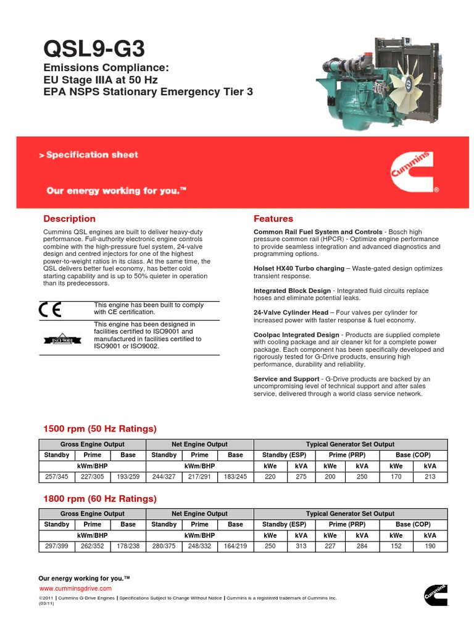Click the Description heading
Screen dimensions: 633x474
point(69,219)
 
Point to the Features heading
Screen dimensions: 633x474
point(273,219)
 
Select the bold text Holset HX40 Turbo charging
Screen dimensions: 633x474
point(299,269)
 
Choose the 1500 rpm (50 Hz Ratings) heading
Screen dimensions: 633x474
point(99,429)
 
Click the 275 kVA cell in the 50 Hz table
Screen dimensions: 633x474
point(301,477)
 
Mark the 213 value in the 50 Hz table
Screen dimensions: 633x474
point(430,477)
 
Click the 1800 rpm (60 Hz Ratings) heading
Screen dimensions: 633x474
point(99,499)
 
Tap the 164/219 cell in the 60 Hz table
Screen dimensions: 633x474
point(235,546)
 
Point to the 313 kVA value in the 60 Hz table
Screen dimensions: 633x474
point(301,546)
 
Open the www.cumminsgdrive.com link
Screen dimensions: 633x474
point(75,588)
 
